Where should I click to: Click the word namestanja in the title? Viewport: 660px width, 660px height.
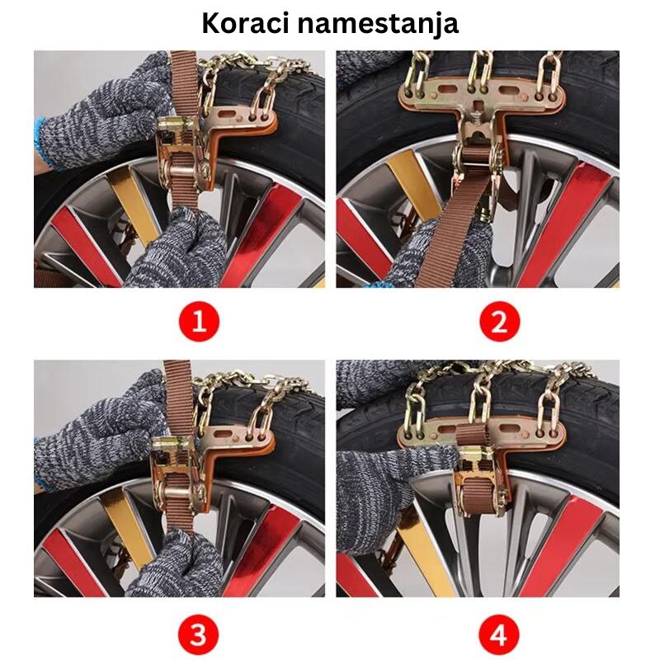(387, 23)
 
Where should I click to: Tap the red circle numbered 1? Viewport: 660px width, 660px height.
(198, 321)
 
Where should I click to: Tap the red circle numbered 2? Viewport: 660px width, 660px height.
(499, 321)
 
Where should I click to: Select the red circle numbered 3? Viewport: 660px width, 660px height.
(198, 635)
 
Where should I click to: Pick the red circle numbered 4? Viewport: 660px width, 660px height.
(499, 635)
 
